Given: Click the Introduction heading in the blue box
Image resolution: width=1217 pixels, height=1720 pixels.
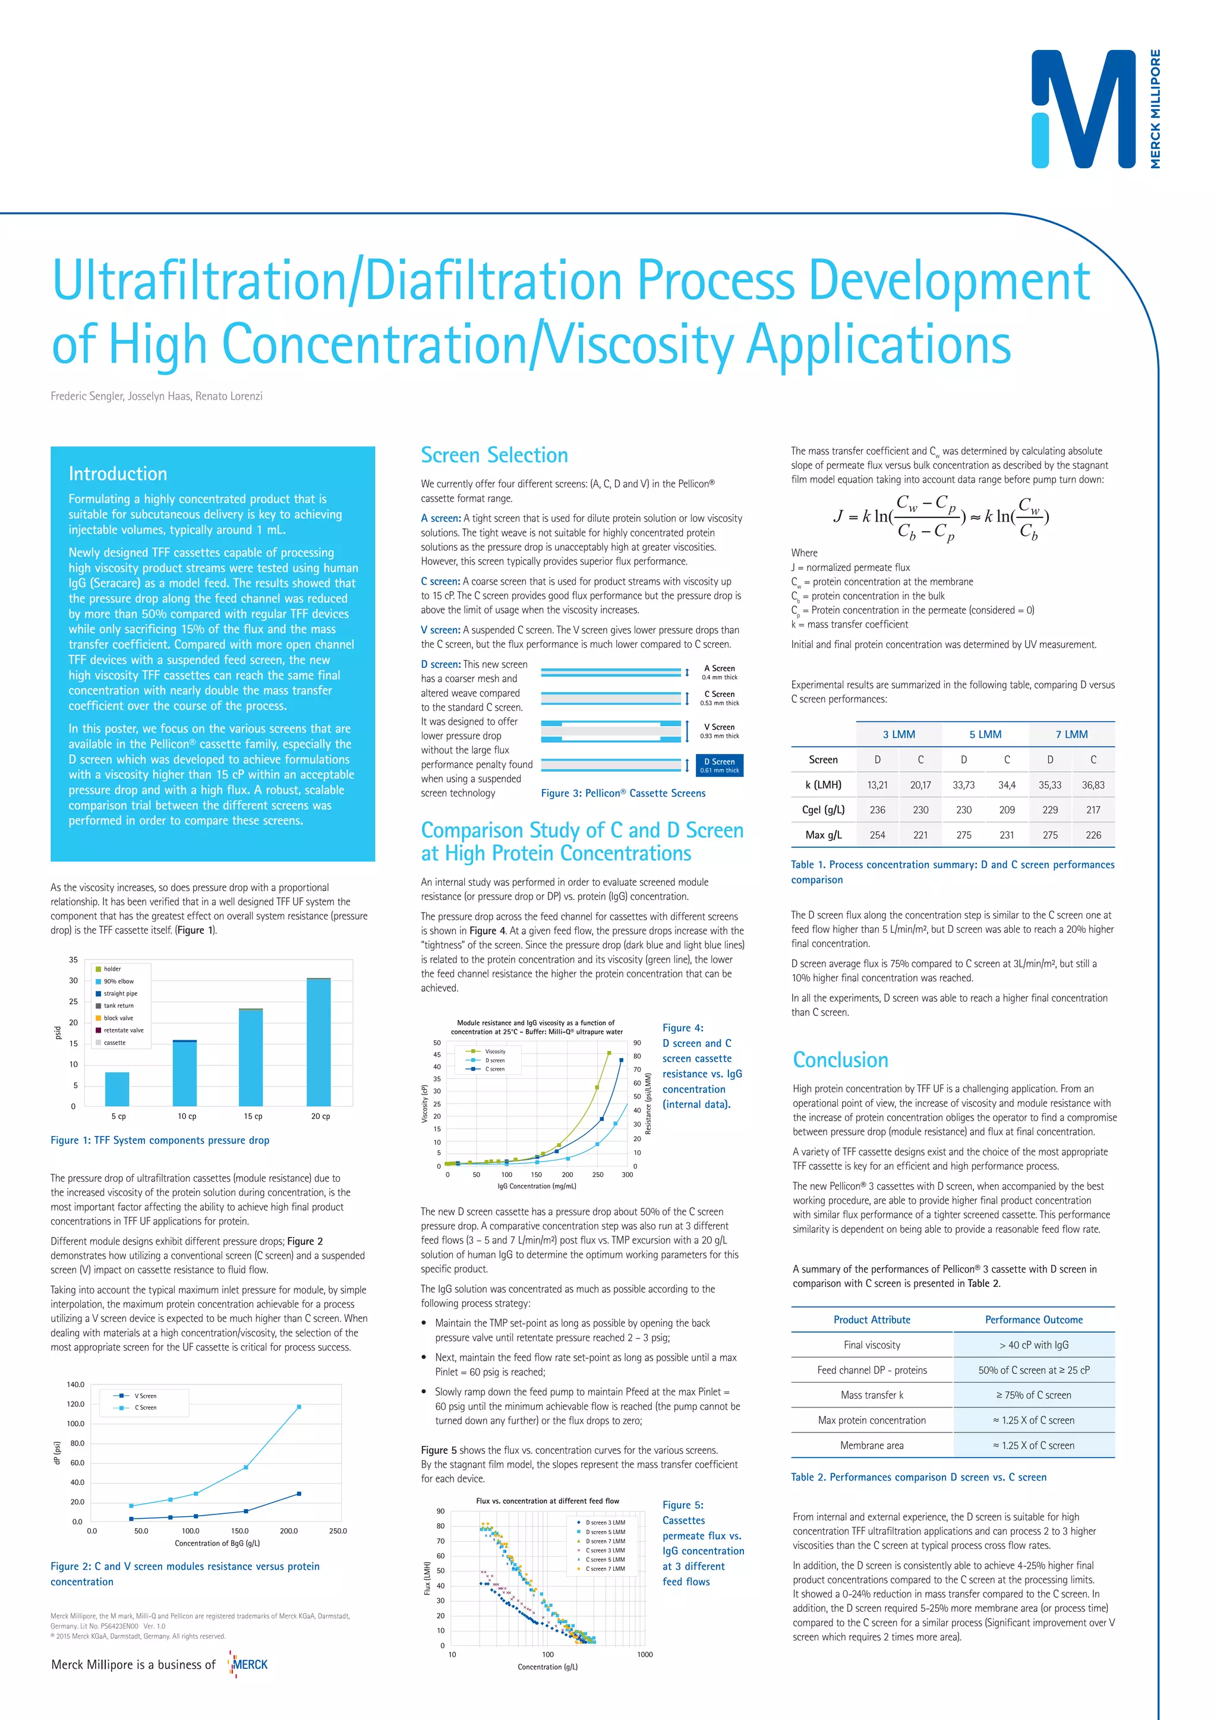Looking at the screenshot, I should click(x=118, y=474).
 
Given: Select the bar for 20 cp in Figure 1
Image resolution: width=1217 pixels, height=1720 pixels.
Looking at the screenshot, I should click(x=319, y=1042).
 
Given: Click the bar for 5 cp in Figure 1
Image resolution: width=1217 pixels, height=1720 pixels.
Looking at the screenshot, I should click(x=117, y=1088).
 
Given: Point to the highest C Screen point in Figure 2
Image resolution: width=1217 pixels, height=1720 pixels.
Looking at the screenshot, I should click(x=299, y=1407).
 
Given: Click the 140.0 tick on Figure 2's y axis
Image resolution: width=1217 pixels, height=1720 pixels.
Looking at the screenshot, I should click(x=75, y=1384).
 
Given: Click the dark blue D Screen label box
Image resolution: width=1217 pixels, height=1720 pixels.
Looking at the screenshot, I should click(x=720, y=765).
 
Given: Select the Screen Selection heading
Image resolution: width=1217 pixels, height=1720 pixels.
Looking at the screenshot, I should click(x=494, y=455).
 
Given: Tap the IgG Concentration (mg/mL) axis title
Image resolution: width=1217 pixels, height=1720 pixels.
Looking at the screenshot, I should click(x=537, y=1186).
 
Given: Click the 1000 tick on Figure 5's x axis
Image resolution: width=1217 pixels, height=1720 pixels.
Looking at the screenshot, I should click(x=645, y=1654).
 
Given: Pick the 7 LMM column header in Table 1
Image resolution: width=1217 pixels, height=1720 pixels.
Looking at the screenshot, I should click(x=1071, y=734).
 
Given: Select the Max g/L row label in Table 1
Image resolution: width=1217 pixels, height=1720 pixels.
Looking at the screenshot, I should click(x=823, y=835).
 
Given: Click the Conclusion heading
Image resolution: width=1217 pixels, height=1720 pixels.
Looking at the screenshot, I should click(x=840, y=1059).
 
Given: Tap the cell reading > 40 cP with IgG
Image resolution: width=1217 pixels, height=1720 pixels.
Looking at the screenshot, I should click(x=1033, y=1345).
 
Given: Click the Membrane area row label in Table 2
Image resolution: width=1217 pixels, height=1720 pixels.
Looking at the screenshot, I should click(x=872, y=1445).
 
